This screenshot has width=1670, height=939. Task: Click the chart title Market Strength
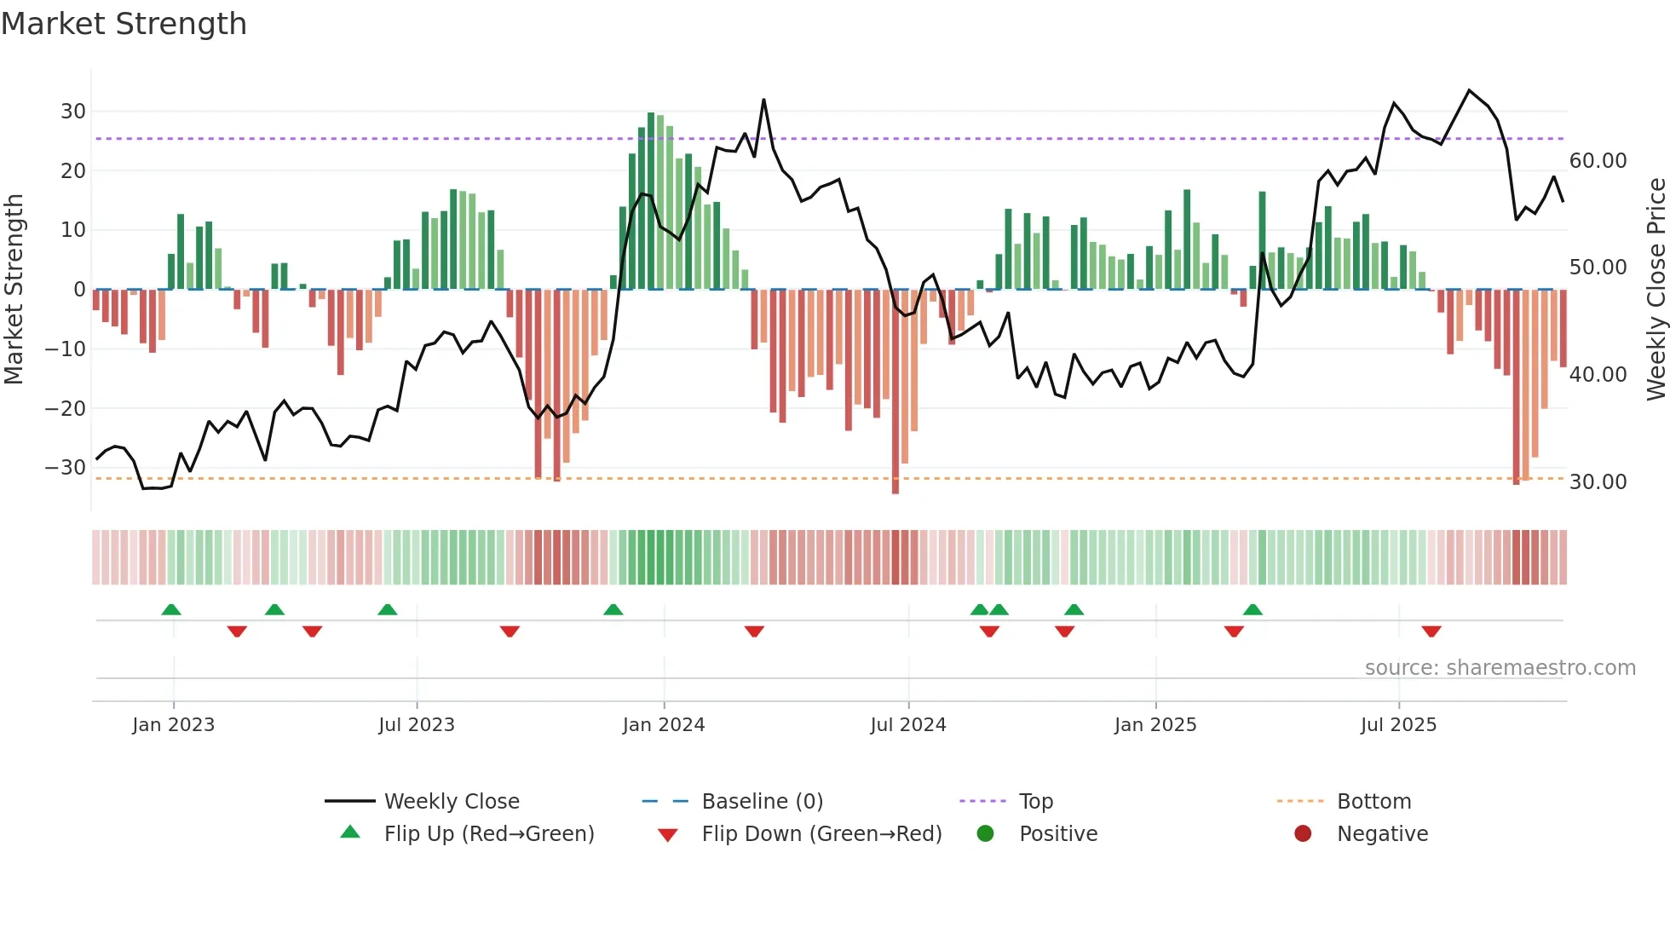124,24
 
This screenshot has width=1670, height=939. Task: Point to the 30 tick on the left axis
73,112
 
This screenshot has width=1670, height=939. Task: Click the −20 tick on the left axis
66,408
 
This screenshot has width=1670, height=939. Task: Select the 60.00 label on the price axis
1598,161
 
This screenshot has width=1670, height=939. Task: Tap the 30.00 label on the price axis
1598,482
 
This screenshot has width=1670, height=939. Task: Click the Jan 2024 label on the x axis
664,725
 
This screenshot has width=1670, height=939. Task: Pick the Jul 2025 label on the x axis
1398,725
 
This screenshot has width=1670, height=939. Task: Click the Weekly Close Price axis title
1656,290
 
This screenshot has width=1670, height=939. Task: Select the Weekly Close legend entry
451,802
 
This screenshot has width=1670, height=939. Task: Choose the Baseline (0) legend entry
762,802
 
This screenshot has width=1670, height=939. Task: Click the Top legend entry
1035,802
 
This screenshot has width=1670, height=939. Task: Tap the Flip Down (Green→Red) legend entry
821,834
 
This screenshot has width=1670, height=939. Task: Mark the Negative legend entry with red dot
1381,834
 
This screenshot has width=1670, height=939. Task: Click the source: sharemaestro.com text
1500,668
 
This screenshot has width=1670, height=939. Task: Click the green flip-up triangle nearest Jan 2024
613,609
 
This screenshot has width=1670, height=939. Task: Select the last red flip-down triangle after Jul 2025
1431,631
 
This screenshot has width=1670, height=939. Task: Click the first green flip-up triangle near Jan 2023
171,609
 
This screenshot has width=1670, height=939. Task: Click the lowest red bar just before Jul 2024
895,392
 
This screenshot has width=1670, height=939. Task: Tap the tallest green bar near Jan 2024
651,200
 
